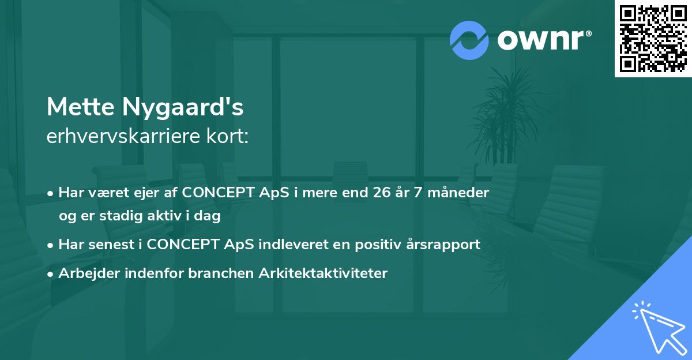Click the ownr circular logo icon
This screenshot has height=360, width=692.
[x=470, y=40]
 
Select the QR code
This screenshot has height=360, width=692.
[x=653, y=38]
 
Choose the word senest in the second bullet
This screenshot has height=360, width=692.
[x=109, y=245]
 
